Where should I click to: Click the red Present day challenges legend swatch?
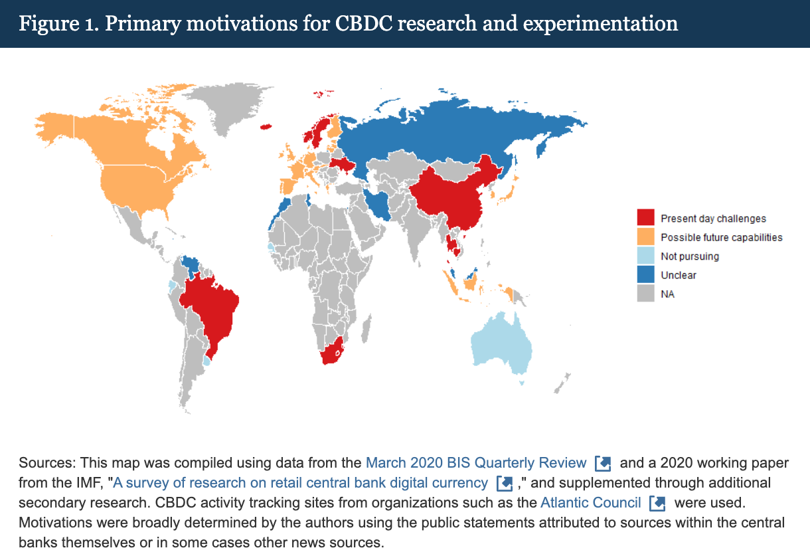tap(645, 218)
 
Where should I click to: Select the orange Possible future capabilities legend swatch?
tap(645, 237)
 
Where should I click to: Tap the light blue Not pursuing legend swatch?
tap(645, 256)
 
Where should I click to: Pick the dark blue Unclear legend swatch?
tap(645, 274)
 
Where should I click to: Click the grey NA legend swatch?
tap(645, 293)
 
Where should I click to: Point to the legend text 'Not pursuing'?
tap(689, 256)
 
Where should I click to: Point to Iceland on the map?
tap(268, 126)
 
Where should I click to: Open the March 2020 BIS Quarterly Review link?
tap(476, 463)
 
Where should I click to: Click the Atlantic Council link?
tap(590, 502)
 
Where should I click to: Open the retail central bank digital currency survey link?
tap(300, 483)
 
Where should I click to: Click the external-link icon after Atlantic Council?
tap(657, 503)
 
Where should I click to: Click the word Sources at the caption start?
tap(43, 463)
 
